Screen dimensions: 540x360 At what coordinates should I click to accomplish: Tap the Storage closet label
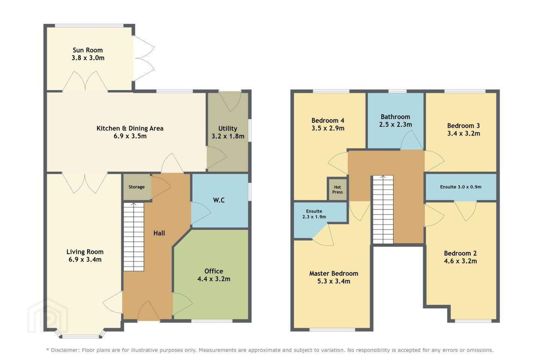pos(136,187)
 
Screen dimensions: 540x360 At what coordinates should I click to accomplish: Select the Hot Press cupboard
pos(337,189)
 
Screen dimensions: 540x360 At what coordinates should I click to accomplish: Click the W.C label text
pos(219,200)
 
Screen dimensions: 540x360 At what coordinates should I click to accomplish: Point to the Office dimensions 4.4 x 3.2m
pos(214,279)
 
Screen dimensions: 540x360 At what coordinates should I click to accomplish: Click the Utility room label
pos(228,129)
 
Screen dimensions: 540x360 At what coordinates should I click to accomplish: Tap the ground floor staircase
pos(134,237)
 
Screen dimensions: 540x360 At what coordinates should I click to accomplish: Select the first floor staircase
pos(383,209)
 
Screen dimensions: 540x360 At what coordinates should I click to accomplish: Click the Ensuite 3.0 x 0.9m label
pos(460,187)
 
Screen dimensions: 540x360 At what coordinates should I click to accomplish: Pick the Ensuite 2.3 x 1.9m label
pos(314,214)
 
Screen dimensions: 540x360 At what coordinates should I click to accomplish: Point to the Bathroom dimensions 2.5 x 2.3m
pos(395,124)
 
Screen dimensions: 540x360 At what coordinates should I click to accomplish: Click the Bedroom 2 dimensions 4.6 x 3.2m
pos(460,261)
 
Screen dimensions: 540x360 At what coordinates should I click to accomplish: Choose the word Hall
pos(159,233)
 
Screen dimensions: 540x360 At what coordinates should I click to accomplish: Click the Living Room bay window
pos(81,334)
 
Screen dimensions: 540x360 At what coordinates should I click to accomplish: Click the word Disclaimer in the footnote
pos(64,350)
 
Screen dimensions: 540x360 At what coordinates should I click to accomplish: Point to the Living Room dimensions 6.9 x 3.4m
pos(85,260)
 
